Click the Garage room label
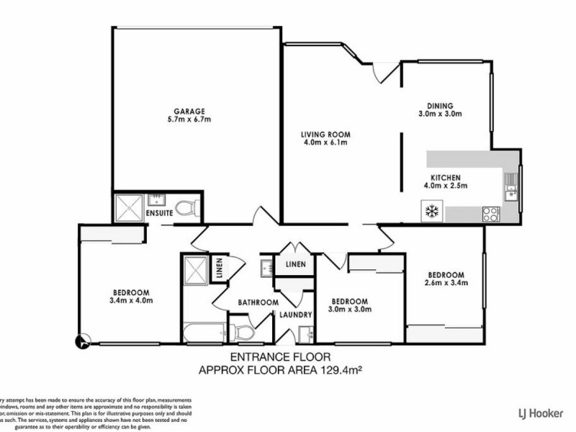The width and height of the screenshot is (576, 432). pyautogui.click(x=189, y=112)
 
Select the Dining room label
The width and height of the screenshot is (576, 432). pyautogui.click(x=439, y=104)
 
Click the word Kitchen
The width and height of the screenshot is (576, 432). pyautogui.click(x=445, y=177)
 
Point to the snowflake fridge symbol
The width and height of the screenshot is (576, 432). pyautogui.click(x=432, y=212)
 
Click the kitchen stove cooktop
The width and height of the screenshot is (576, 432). pyautogui.click(x=491, y=213)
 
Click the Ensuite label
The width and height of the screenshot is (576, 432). pyautogui.click(x=158, y=214)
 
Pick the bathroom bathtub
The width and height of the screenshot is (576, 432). pyautogui.click(x=203, y=333)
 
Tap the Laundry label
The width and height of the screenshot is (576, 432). pyautogui.click(x=297, y=315)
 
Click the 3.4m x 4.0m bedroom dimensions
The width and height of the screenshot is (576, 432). pyautogui.click(x=131, y=300)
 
